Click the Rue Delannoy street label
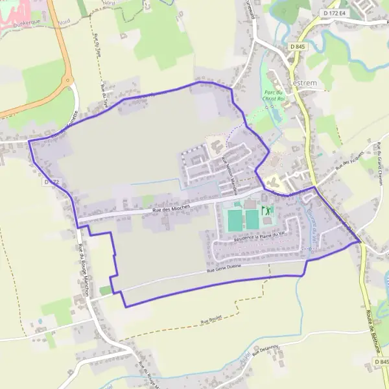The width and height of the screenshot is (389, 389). [x=266, y=351]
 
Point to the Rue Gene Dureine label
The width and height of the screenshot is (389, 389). [x=224, y=269]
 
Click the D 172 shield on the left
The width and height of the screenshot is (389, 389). [x=53, y=182]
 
